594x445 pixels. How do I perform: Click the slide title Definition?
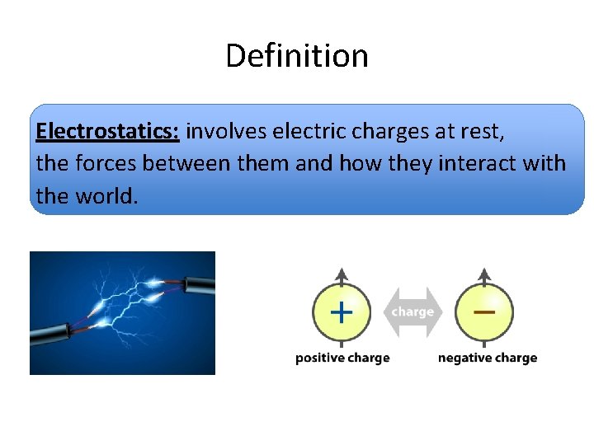[297, 56]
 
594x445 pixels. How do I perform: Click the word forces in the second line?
[106, 164]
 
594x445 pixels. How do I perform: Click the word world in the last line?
[108, 197]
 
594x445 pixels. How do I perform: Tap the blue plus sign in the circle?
[341, 312]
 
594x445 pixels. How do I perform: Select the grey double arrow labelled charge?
[412, 312]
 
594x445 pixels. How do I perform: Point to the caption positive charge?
[342, 358]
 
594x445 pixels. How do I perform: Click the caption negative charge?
[487, 358]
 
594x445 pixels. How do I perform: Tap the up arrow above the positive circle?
[342, 276]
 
